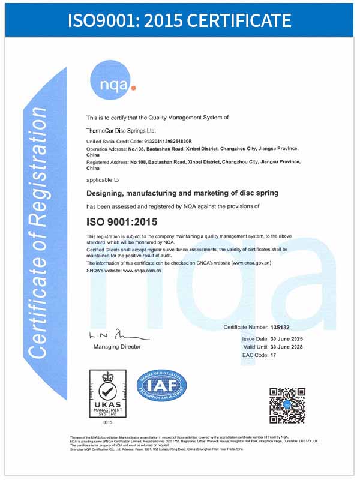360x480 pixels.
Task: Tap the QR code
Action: pos(287,406)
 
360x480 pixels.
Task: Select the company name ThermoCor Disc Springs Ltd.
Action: pos(121,130)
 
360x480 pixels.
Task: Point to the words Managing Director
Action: pos(117,347)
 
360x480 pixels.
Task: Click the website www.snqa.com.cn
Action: pos(143,271)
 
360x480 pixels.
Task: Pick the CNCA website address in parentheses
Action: pos(251,263)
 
